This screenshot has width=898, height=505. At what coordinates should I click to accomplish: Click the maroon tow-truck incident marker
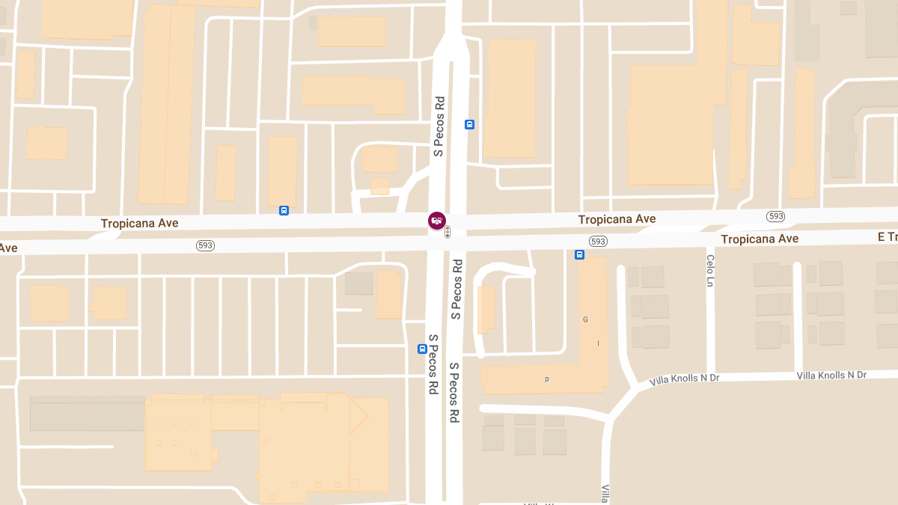coord(437,220)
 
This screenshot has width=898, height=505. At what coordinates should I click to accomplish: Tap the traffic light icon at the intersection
coord(448,233)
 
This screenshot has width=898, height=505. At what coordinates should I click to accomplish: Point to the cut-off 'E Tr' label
coord(887,237)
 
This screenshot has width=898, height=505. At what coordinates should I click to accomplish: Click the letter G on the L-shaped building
coord(585,319)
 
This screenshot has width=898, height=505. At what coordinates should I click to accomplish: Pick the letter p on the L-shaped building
coord(546,379)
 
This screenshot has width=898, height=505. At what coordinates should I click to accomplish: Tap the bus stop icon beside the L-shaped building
coord(579,255)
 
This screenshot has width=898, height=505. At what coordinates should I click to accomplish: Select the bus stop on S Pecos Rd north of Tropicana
coord(469,125)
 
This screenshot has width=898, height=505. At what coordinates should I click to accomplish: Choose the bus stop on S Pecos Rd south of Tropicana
coord(422,349)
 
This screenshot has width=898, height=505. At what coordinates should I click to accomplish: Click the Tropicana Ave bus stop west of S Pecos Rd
coord(284,210)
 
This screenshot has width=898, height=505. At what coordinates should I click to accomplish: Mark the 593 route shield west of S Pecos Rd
coord(206,245)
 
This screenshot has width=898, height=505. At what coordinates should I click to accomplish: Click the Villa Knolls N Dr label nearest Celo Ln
coord(684,379)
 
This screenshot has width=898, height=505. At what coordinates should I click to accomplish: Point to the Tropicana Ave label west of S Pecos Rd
coord(140,223)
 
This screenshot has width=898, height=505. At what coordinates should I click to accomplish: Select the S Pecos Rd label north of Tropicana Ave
coord(439,126)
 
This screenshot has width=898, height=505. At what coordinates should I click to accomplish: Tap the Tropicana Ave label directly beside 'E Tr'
coord(760,239)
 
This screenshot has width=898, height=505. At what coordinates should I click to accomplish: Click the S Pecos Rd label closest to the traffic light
coord(456,290)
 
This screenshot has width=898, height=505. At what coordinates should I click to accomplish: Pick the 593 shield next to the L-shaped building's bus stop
coord(597,241)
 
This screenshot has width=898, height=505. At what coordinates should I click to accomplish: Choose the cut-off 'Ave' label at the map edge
coord(8,248)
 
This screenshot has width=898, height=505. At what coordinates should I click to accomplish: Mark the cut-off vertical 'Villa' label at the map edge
coord(605,493)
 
